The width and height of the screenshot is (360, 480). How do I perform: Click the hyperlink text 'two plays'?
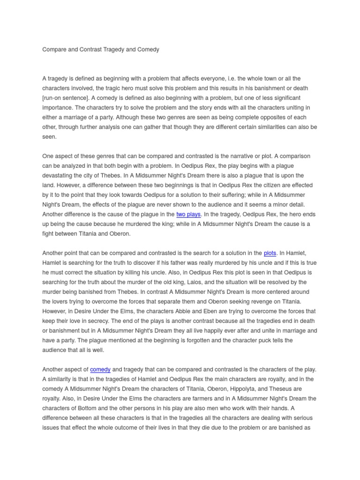(x=188, y=214)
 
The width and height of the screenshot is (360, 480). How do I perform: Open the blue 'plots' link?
(x=270, y=253)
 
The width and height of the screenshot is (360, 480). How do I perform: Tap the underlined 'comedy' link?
(x=100, y=369)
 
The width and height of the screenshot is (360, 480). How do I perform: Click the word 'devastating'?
(x=59, y=175)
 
